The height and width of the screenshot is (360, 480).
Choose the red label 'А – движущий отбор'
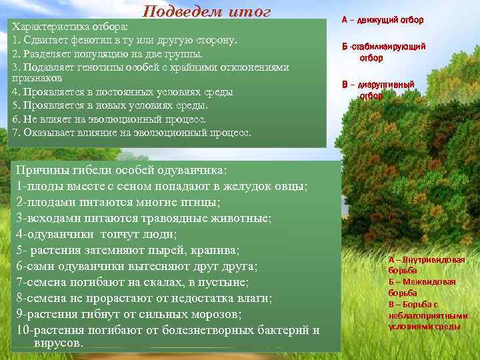[x=382, y=20]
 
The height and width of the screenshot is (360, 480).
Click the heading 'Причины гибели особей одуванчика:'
[x=121, y=171]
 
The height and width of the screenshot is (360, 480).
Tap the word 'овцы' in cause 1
[x=291, y=186]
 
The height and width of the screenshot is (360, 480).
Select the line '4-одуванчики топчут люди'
[x=97, y=234]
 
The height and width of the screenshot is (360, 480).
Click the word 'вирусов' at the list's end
[x=57, y=343]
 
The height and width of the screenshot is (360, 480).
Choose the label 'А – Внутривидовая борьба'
[x=426, y=265]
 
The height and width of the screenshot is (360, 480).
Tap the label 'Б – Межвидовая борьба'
[x=422, y=287]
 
